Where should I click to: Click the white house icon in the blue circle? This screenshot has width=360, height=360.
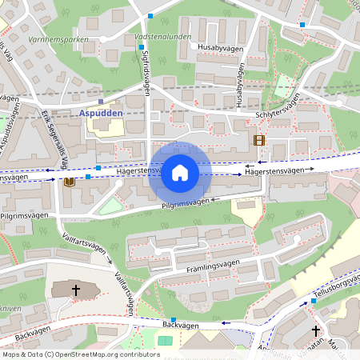point(180,173)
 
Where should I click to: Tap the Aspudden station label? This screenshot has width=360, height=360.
point(102,114)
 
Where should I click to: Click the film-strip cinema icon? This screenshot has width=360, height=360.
point(258,140)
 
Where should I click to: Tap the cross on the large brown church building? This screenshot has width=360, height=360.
point(76,290)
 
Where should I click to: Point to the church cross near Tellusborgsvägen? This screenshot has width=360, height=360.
point(315,330)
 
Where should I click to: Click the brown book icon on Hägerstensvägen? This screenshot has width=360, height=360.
point(70,182)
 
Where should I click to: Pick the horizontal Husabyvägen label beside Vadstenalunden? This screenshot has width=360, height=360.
point(218,47)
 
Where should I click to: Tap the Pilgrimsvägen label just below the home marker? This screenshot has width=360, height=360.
point(185,204)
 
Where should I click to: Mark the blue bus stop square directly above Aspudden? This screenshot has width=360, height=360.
point(101,102)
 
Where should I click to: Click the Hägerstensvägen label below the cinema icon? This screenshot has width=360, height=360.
point(274,170)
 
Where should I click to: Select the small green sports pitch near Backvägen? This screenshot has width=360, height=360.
point(165,341)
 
